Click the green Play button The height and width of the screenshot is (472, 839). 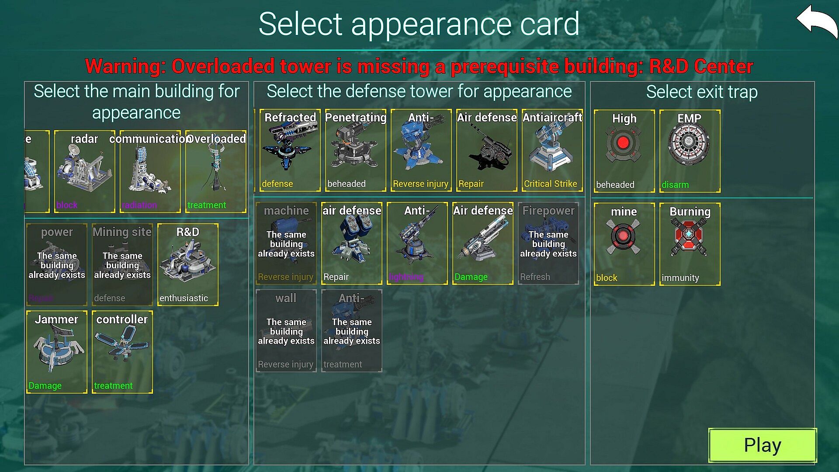(762, 445)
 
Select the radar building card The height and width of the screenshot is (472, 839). (84, 172)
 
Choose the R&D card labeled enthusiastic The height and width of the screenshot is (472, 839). (187, 264)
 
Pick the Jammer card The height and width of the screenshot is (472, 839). (57, 352)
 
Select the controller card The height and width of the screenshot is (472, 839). (122, 352)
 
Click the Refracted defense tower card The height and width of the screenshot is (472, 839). (290, 150)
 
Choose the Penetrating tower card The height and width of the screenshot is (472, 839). (355, 150)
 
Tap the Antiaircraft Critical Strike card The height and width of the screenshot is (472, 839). (552, 150)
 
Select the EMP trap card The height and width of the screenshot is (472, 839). (690, 151)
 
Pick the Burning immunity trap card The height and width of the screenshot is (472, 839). (690, 244)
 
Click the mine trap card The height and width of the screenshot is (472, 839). (624, 244)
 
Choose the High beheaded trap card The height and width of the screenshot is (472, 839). (624, 151)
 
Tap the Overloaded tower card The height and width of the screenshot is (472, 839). (215, 172)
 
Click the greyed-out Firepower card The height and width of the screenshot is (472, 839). (548, 243)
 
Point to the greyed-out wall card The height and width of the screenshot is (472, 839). (286, 331)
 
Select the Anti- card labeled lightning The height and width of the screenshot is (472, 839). (417, 243)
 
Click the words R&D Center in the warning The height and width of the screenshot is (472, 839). (701, 66)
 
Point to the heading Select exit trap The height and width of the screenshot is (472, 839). (702, 92)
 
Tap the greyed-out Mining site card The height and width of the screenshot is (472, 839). (122, 264)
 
